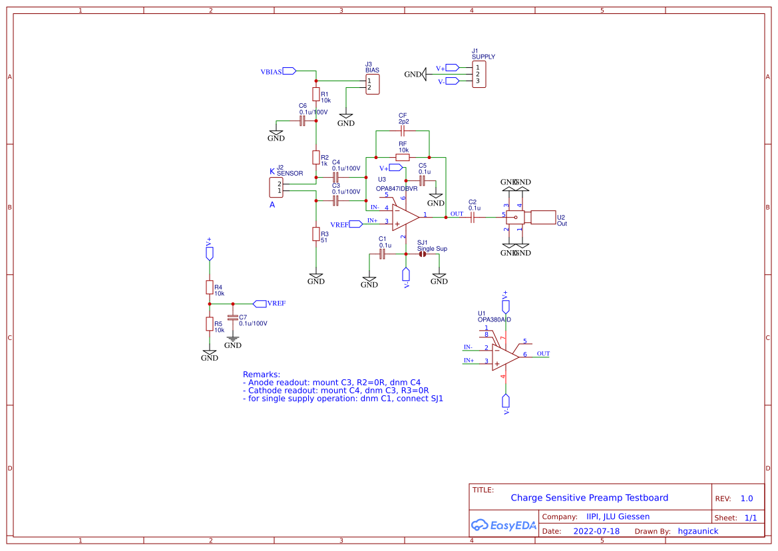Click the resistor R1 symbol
coord(316,94)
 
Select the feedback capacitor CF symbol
coord(403,132)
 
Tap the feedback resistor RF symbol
coord(403,158)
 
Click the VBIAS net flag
coord(289,71)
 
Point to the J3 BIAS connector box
coord(372,84)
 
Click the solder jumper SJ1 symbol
coord(423,254)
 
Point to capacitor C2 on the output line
coord(473,217)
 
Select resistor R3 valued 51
coord(316,234)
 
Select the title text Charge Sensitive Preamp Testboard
coord(589,498)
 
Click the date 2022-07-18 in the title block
coord(596,531)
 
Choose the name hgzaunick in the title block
coord(697,531)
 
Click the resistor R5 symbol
coord(210,324)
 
